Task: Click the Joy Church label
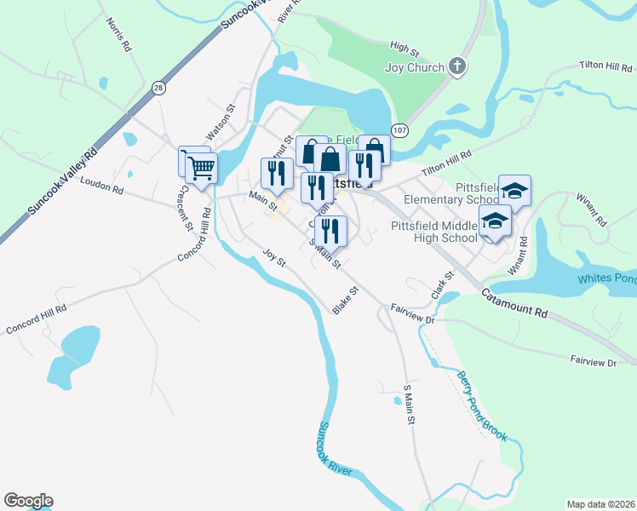[415, 68]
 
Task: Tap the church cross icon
[457, 66]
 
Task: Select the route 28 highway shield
[158, 87]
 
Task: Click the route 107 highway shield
[401, 129]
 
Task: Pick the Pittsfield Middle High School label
[434, 232]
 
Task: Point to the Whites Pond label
[606, 279]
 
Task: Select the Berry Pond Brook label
[481, 405]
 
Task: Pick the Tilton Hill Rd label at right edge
[606, 65]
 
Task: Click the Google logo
[28, 501]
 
